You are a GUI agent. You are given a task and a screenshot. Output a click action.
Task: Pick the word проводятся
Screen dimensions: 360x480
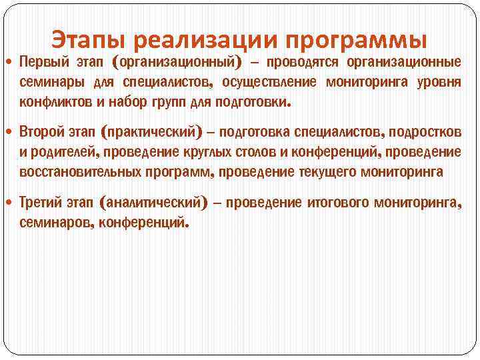click(303, 63)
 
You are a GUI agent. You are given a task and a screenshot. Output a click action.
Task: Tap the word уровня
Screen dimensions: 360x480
click(438, 83)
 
